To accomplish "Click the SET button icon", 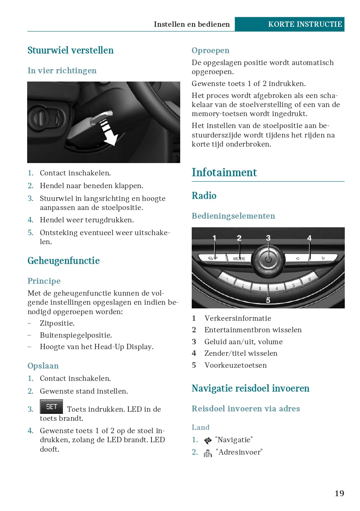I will pos(51,406).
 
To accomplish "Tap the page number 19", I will pos(339,493).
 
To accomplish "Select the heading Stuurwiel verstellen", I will pos(70,50).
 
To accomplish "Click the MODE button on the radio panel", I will pos(239,259).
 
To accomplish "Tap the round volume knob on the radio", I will pos(268,259).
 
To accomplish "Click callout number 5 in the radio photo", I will pos(268,301).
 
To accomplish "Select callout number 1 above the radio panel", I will pos(214,238).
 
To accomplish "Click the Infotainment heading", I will pos(224,173).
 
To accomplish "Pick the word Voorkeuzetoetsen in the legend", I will pos(235,365).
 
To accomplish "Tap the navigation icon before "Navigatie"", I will pos(208,441).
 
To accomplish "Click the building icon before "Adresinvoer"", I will pos(208,453).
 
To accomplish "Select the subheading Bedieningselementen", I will pos(233,216).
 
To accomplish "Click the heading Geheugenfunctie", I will pos(63,261).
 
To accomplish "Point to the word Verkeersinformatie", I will pos(238,318).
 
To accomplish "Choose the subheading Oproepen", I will pos(210,50).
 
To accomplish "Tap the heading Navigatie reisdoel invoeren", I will pos(250,388).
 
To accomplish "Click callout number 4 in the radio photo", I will pos(309,238).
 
